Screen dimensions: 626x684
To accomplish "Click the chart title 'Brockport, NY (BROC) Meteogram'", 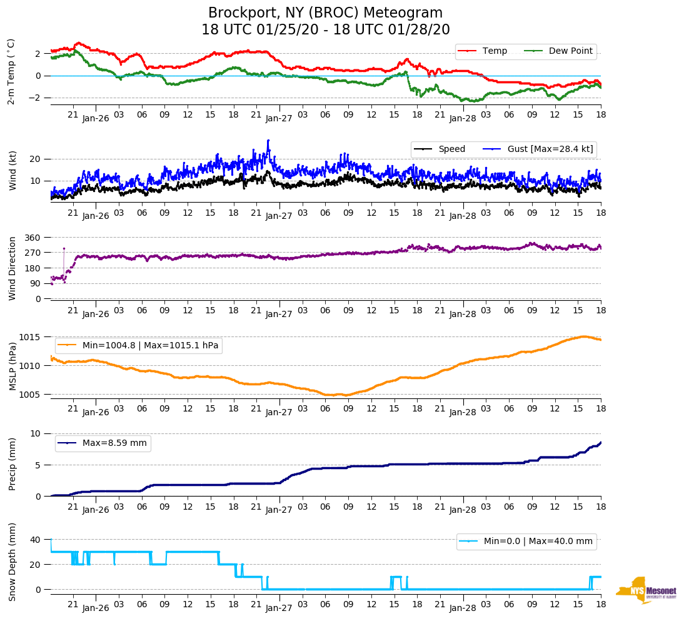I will pyautogui.click(x=325, y=13).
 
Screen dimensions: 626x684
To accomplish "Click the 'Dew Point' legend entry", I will pyautogui.click(x=570, y=51).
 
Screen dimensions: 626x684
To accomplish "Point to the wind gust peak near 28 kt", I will pyautogui.click(x=268, y=141).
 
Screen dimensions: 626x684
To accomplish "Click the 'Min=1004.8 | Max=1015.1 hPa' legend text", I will pyautogui.click(x=150, y=345).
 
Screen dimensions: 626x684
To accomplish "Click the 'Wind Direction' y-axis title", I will pyautogui.click(x=13, y=268).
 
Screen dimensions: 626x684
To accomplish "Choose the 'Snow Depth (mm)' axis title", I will pyautogui.click(x=13, y=562).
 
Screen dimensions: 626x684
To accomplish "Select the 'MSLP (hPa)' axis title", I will pyautogui.click(x=13, y=366).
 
